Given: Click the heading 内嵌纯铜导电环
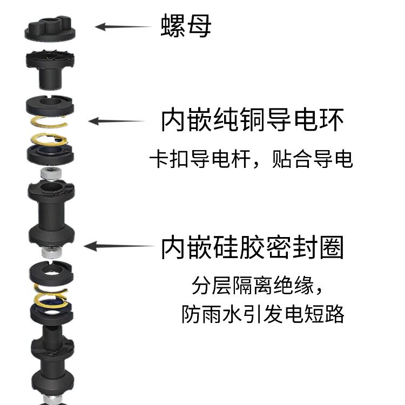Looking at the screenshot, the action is (x=252, y=120).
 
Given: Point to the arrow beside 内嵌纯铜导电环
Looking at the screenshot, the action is (x=116, y=122).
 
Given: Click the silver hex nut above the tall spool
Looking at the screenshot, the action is (x=50, y=174).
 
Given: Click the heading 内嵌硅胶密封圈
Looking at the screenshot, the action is (x=252, y=247).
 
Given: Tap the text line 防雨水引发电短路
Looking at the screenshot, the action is (x=262, y=314).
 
